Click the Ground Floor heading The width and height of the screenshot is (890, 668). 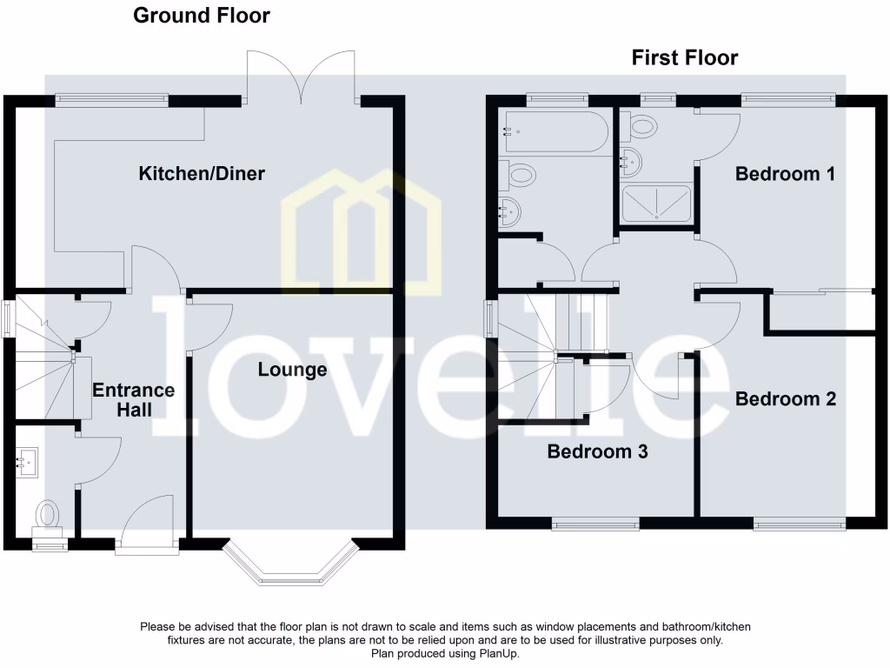point(201,16)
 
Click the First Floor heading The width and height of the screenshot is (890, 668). point(684,58)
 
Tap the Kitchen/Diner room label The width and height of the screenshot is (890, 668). point(202,174)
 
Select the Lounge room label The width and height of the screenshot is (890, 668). point(292,370)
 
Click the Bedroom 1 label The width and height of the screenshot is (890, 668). point(785,174)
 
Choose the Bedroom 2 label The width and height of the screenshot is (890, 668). point(785,399)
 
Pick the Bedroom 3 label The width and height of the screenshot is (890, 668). point(597,451)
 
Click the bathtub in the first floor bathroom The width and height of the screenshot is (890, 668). point(553,132)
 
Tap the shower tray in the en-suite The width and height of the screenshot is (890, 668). point(656,204)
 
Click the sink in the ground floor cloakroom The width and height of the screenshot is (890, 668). point(27,458)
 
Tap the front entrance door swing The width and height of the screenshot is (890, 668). point(149,522)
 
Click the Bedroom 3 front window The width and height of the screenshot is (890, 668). point(595,524)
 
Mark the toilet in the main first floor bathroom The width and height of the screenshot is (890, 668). point(520,176)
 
